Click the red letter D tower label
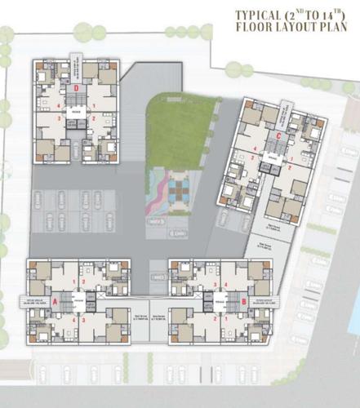coord(76,87)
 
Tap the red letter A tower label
coord(55,300)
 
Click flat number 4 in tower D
coord(59,104)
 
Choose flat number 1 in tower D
coord(95,104)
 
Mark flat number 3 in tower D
coord(59,120)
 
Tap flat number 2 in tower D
coord(95,120)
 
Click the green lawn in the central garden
coord(181,131)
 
